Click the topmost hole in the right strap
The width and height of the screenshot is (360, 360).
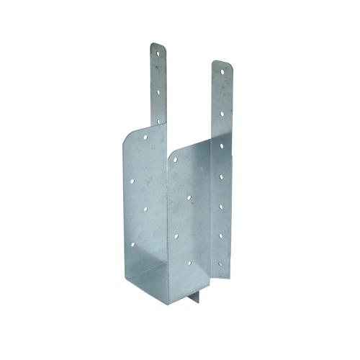tap(221, 71)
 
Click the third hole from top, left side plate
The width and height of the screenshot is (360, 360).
tap(144, 209)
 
